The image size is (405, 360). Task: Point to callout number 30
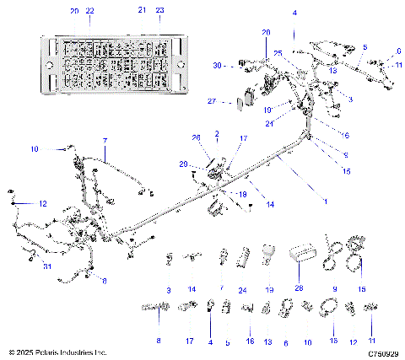click(217, 65)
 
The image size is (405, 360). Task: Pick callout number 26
click(197, 137)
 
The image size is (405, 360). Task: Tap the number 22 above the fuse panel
click(90, 10)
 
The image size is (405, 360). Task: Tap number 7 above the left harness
click(105, 140)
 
